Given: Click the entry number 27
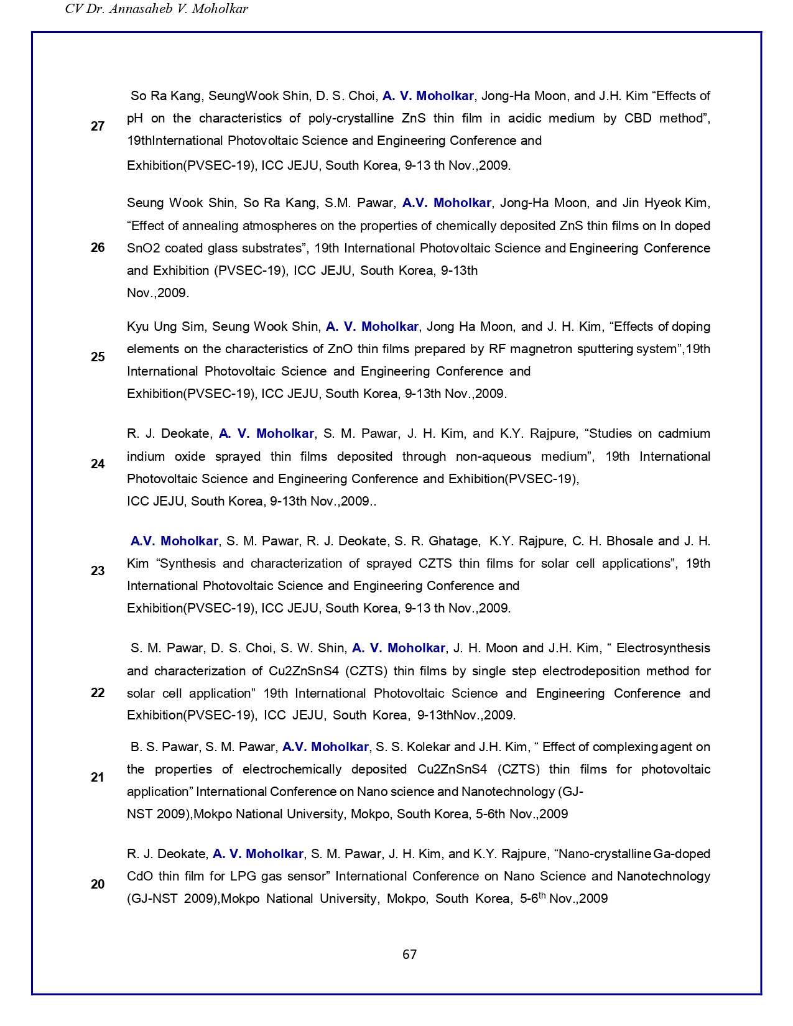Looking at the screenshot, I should coord(98,126).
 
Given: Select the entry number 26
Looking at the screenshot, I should coord(98,247).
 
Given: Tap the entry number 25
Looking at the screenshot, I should coord(98,357).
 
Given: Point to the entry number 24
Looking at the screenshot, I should coord(98,464).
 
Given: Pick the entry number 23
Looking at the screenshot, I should coord(98,571).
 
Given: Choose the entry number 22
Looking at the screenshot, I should coord(98,693).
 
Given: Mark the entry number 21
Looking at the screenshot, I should coord(98,777).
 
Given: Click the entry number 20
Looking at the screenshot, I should coord(98,884).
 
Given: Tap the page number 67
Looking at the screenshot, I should coord(409,954).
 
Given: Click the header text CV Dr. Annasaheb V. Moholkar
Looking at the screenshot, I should coord(157,9).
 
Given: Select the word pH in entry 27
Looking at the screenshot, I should coord(134,119).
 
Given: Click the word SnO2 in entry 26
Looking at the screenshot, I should coord(144,248).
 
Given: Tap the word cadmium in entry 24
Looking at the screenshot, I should coord(684,433).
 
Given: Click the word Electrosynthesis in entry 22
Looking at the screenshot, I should coord(663,648).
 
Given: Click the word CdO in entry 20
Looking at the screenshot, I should coord(139,876).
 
